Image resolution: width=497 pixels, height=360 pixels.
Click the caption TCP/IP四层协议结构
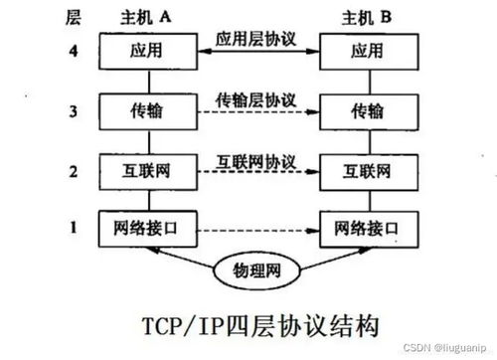(249, 326)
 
